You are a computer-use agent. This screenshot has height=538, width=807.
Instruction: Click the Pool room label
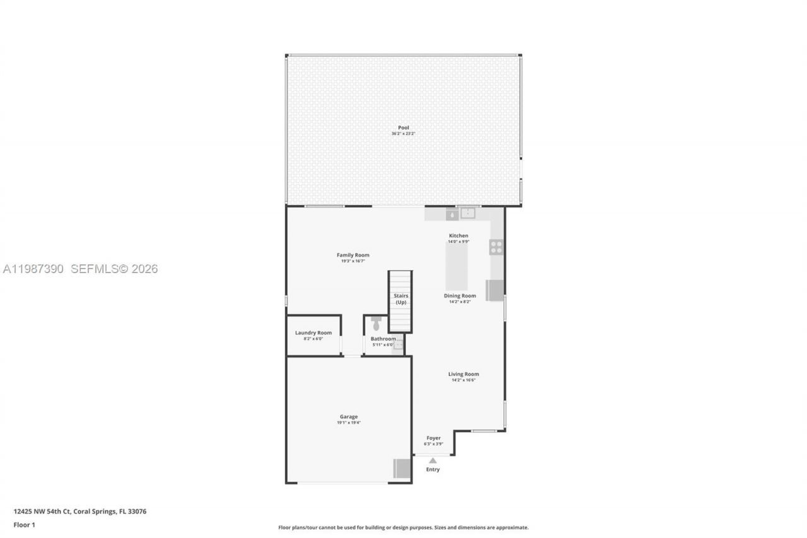[x=403, y=127]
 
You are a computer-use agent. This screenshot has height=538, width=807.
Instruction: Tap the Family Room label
[x=353, y=255]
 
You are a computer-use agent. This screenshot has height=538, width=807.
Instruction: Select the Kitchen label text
[x=458, y=235]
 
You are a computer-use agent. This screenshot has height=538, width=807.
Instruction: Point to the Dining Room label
[x=460, y=295]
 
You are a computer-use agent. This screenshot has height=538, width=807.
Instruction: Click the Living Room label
[x=463, y=374]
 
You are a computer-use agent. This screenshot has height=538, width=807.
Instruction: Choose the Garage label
[x=349, y=416]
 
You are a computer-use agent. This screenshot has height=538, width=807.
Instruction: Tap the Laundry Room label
[x=313, y=332]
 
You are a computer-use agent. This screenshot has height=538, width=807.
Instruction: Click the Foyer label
[x=433, y=438]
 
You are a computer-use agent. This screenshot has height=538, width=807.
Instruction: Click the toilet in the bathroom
[x=376, y=324]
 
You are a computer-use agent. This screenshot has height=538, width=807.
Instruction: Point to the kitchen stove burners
[x=496, y=247]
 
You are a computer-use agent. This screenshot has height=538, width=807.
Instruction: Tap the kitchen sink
[x=468, y=213]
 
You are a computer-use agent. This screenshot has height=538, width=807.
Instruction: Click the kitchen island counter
[x=457, y=267]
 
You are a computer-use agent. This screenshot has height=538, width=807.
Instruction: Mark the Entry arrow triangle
[x=433, y=460]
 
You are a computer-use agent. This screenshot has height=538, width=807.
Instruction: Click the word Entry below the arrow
[x=433, y=469]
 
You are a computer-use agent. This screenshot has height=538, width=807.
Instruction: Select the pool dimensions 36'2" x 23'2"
[x=403, y=134]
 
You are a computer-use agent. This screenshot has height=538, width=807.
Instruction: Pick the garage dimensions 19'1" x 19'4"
[x=349, y=423]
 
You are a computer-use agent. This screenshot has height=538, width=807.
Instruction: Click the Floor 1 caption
[x=25, y=525]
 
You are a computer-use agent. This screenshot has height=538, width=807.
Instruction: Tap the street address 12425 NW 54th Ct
[x=43, y=512]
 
